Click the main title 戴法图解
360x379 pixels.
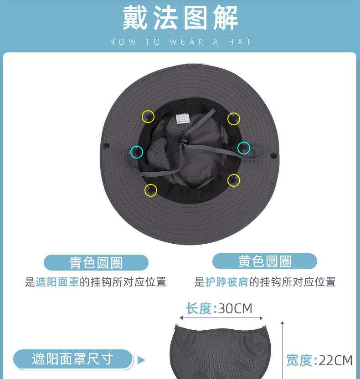(x=180, y=19)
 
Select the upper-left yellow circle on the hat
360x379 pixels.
(x=148, y=117)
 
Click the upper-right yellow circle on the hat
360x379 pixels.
(x=234, y=118)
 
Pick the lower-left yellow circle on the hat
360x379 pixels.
(x=151, y=190)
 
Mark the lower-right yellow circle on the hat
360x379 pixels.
(x=234, y=180)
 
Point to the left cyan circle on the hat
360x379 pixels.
(x=137, y=152)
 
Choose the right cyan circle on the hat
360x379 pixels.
(x=244, y=148)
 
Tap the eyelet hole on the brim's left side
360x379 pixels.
(x=106, y=146)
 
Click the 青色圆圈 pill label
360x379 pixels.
(x=96, y=263)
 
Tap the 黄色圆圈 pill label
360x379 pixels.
(x=264, y=261)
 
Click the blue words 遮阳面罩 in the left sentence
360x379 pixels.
(x=57, y=282)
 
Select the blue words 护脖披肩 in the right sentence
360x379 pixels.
(x=226, y=282)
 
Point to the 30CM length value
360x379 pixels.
(x=235, y=308)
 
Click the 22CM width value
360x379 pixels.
(x=335, y=360)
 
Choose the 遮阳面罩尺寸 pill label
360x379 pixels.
(x=72, y=359)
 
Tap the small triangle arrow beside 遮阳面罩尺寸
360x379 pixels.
(x=141, y=360)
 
